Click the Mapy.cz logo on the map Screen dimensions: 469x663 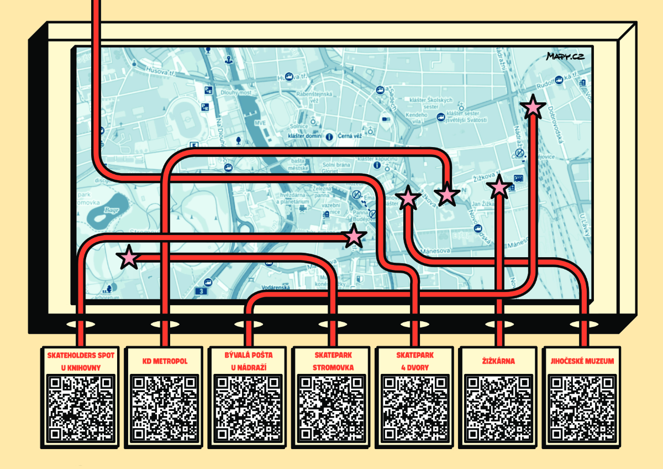tap(565, 56)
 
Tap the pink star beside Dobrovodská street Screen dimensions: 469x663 tap(533, 107)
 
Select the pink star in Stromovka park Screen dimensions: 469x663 tap(128, 257)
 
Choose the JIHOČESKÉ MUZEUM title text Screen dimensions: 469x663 tap(582, 361)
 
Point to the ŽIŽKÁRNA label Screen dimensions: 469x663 tap(498, 361)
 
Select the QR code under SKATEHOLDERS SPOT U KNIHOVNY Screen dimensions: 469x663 tap(81, 407)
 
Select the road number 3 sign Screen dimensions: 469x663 tap(203, 290)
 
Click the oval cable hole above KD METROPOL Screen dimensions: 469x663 tap(164, 324)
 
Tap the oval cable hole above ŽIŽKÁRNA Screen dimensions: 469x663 tap(498, 324)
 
